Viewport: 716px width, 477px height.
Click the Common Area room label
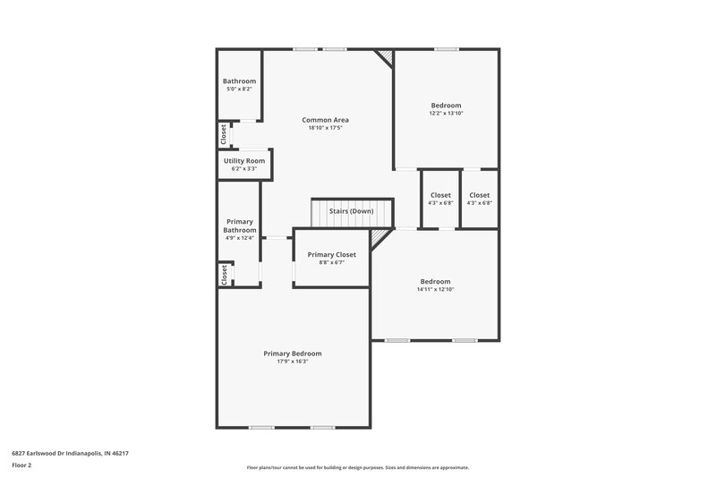[x=325, y=120]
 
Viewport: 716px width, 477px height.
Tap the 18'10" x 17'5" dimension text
[x=325, y=128]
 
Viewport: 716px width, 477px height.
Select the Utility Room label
[x=244, y=161]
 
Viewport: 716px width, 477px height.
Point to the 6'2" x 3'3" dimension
[x=244, y=169]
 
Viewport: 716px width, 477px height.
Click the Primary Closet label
[x=332, y=254]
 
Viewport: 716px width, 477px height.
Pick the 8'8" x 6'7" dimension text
[x=332, y=262]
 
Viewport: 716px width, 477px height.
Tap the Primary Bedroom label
[x=293, y=353]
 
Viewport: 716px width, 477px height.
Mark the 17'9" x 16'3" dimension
[x=293, y=362]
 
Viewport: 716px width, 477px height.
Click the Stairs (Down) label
[x=351, y=211]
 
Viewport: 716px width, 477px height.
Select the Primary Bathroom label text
[x=240, y=226]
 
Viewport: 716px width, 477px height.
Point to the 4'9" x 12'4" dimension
[x=240, y=238]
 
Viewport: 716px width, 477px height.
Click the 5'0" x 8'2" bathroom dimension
[x=239, y=89]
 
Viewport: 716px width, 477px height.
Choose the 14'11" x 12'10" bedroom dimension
[x=435, y=290]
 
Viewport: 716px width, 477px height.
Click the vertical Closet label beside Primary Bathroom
[x=224, y=274]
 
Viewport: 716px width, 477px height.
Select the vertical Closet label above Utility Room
[x=224, y=134]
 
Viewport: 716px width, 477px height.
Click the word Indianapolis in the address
[x=78, y=454]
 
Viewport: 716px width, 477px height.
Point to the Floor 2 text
[x=21, y=465]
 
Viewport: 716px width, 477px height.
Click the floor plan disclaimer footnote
[x=357, y=467]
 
